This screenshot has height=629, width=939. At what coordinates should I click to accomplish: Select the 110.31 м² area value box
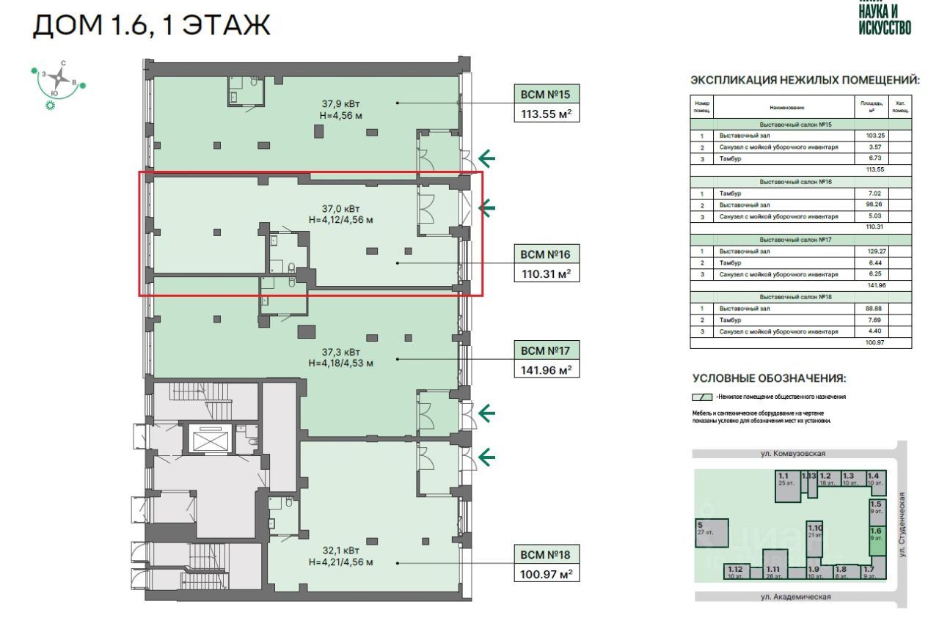545,273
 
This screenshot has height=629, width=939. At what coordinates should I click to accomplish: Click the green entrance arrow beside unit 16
486,208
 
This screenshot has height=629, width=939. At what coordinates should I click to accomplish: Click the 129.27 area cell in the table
872,251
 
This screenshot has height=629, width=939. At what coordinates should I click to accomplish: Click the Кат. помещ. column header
900,107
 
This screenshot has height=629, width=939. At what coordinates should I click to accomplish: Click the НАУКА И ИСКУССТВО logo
885,18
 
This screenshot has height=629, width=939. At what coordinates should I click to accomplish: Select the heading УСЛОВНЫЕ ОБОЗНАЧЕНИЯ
770,379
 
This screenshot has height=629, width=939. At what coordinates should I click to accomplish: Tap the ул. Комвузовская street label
799,454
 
